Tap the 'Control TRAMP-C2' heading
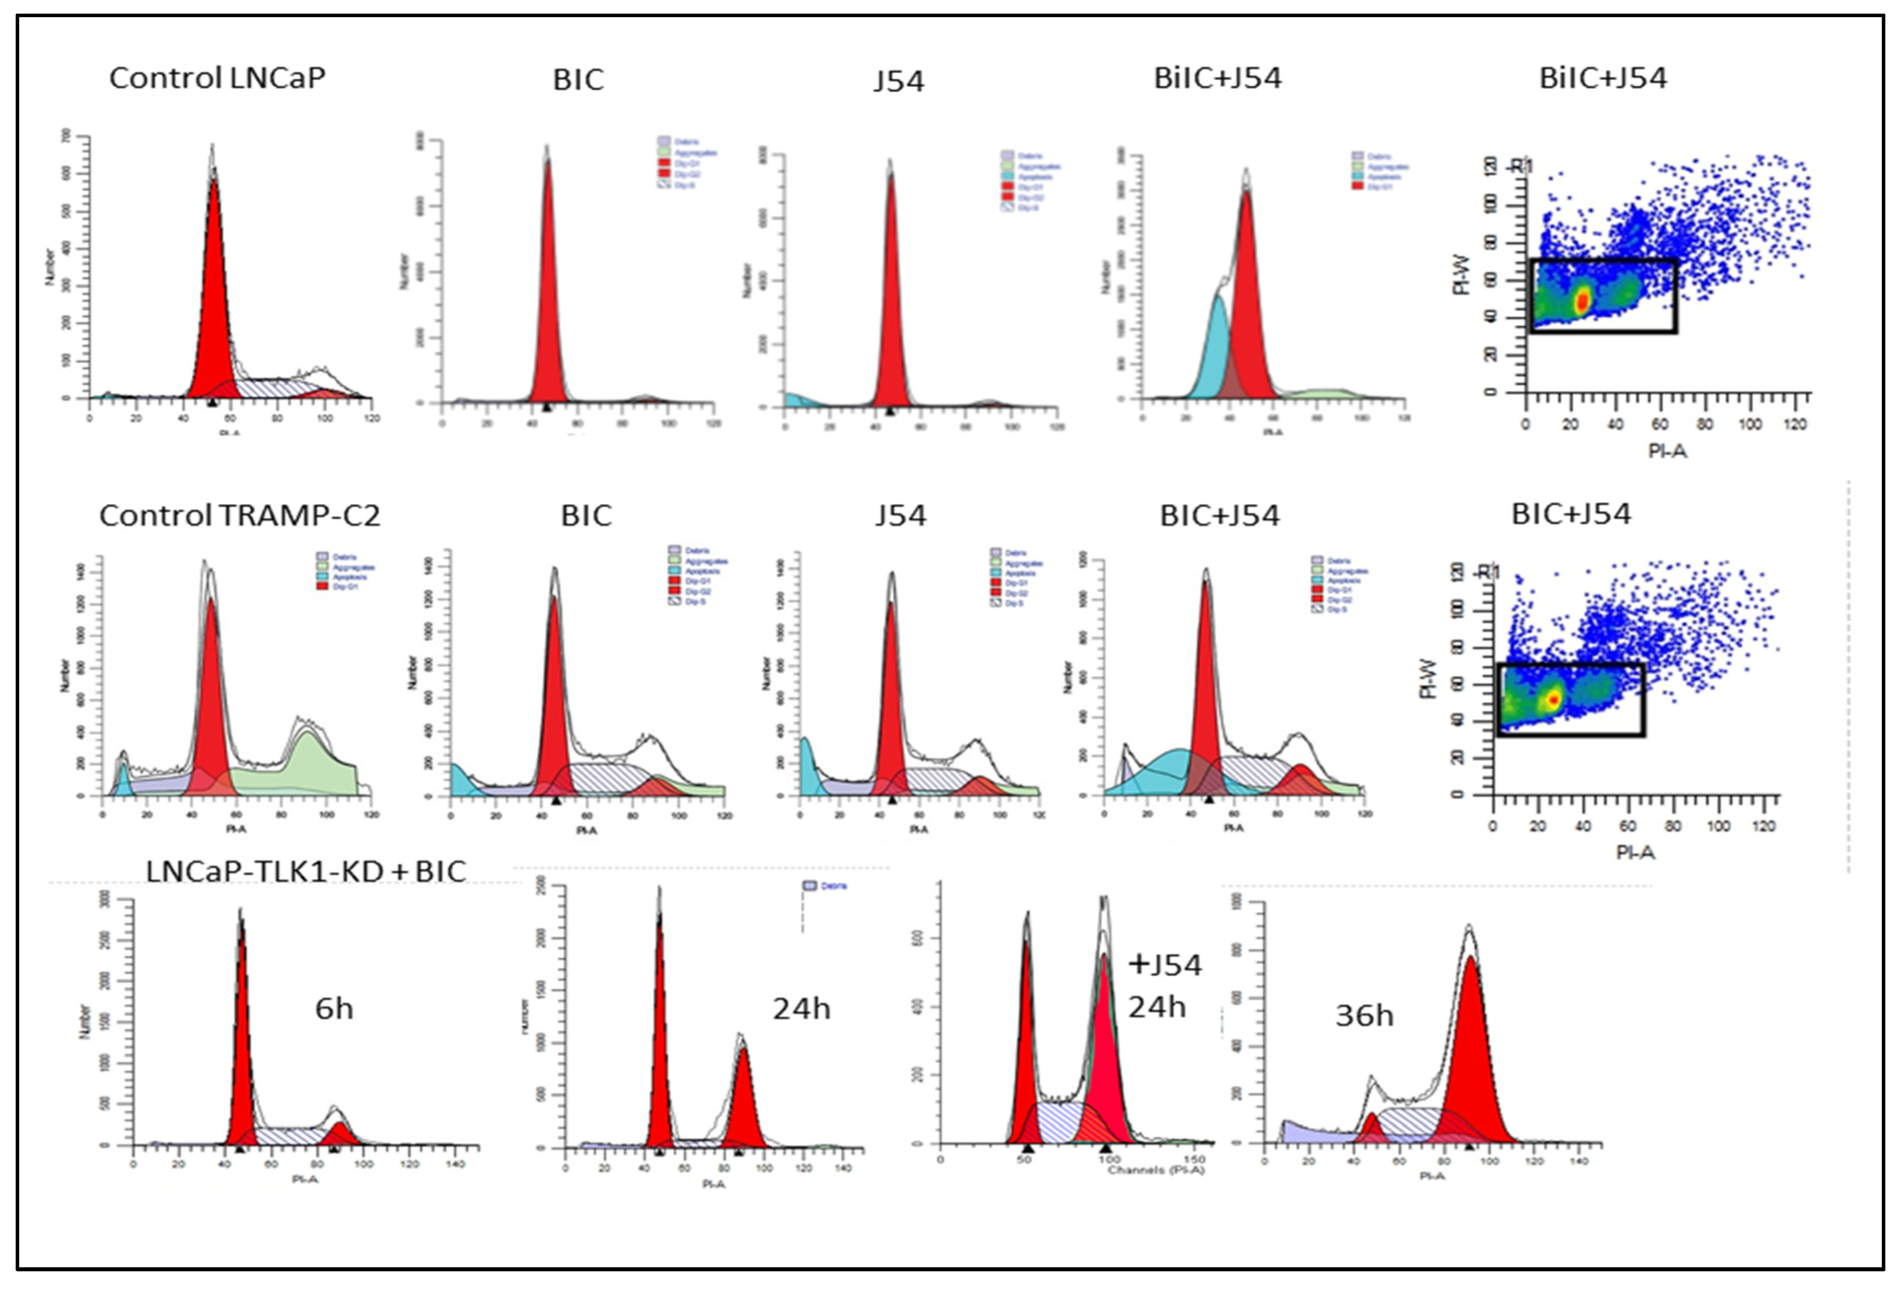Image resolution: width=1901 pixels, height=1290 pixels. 239,515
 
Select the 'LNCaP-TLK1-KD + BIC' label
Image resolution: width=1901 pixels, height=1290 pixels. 306,872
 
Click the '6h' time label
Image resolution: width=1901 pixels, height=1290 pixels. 334,1009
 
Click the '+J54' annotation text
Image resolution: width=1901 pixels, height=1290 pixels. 1165,965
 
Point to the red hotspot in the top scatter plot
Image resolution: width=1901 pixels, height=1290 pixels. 1582,300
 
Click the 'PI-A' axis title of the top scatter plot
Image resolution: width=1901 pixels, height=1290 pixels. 1667,451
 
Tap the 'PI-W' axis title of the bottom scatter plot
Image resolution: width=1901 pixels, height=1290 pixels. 1427,678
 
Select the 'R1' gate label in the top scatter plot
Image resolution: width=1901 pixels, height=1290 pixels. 1522,167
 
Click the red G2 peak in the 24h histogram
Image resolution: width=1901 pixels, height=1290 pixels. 744,1096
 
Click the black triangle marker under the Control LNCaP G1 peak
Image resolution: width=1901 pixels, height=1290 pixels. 212,402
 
